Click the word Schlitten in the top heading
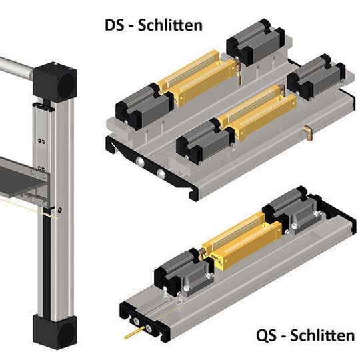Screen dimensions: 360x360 point(170,25)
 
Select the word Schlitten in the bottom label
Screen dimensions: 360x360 point(323,335)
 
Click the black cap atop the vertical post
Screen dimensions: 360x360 point(55,81)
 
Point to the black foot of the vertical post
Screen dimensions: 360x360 point(55,332)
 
